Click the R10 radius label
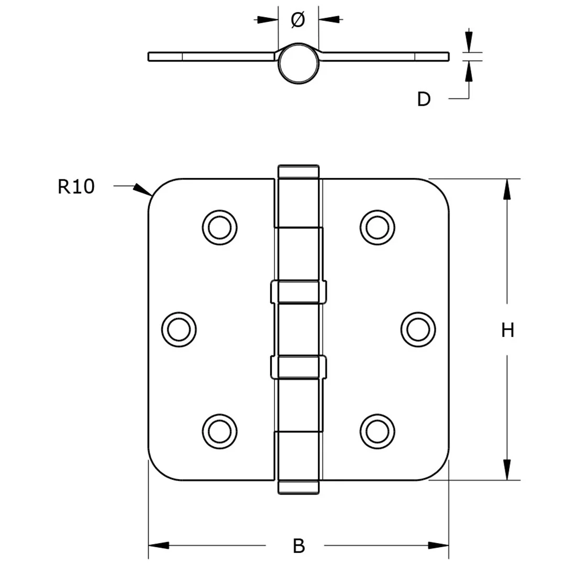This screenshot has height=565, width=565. [76, 186]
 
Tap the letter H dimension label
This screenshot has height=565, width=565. [507, 331]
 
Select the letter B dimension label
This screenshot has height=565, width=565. [298, 546]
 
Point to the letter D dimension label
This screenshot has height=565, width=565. [424, 99]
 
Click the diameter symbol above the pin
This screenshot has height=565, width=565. [297, 20]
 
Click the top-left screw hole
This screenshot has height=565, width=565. [219, 227]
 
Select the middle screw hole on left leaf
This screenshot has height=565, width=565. [179, 329]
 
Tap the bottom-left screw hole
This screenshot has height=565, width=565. [219, 431]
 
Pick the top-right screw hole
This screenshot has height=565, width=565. [377, 227]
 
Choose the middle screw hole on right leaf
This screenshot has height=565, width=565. [418, 329]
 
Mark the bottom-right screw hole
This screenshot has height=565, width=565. [377, 431]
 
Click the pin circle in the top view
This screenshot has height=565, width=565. [298, 63]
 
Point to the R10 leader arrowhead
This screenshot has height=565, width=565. [142, 189]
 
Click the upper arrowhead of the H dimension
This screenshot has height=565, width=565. [507, 189]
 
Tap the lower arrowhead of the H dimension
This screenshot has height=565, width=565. [507, 470]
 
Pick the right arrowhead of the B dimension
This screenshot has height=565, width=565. [439, 546]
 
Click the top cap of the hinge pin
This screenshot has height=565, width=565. [298, 172]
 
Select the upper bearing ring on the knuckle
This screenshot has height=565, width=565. [298, 291]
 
